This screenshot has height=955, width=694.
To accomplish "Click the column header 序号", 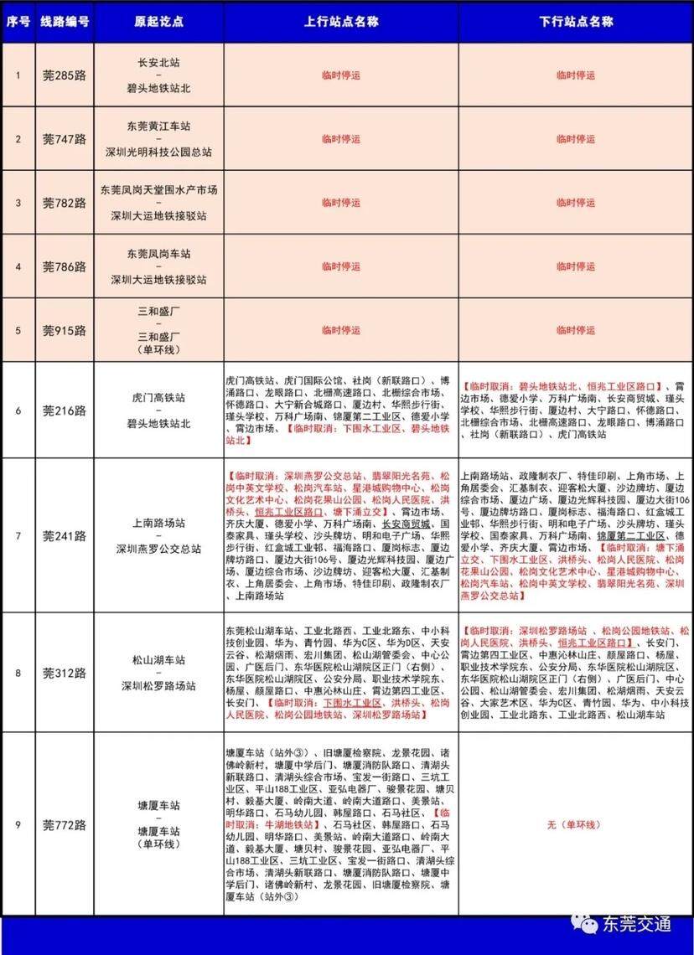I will (x=18, y=20).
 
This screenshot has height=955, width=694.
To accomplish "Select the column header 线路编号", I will (x=65, y=20).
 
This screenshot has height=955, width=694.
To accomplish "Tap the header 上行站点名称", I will (x=340, y=20).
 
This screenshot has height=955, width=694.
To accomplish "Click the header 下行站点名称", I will (x=576, y=20).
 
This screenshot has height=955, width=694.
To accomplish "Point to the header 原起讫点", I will (x=158, y=20).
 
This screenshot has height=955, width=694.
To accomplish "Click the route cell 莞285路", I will (x=65, y=75).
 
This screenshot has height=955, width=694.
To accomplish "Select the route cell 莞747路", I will (x=65, y=139).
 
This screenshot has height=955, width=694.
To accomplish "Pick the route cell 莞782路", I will (x=65, y=203).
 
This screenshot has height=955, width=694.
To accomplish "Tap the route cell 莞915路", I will (x=65, y=330).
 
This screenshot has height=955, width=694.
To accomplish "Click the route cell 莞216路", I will (x=65, y=410).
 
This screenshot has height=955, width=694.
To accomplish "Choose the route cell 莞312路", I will (x=65, y=673).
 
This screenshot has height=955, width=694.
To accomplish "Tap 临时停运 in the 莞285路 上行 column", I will (x=340, y=75).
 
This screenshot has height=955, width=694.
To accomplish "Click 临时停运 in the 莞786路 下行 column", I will (x=576, y=266).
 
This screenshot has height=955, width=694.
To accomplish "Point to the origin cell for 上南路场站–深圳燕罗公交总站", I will (x=158, y=535).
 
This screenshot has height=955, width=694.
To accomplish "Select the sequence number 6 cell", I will (x=18, y=410).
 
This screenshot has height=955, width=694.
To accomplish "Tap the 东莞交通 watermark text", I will (x=637, y=924).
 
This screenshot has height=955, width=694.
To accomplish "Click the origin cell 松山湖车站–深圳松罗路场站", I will (x=158, y=673).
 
